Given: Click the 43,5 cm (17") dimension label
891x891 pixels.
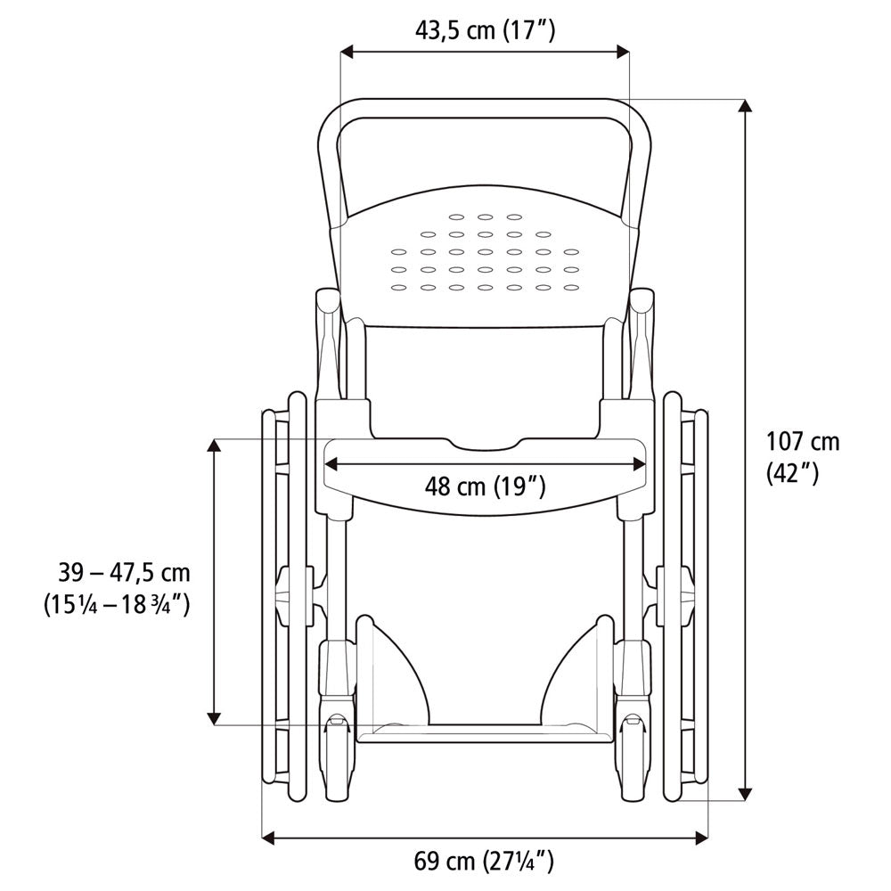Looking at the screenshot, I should tap(486, 30).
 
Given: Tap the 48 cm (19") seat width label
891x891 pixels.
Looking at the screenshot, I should tap(485, 486).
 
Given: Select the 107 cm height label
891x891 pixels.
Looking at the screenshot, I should tap(803, 441).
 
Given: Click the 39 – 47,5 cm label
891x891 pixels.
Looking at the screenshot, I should tap(118, 571).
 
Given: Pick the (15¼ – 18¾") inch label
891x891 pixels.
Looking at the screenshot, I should tap(117, 603).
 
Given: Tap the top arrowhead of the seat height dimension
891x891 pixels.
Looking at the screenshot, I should tap(214, 445).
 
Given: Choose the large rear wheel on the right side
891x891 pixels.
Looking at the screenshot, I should tap(686, 597).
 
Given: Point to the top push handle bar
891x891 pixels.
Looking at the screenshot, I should tap(486, 108).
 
